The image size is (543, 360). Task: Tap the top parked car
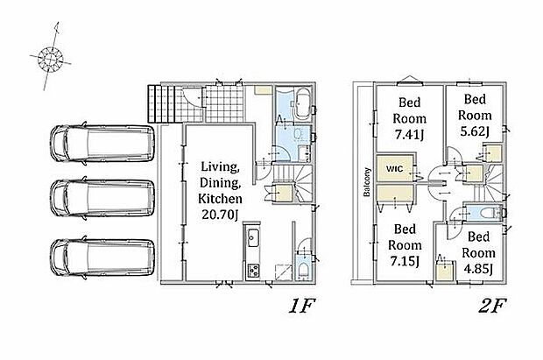(x=102, y=143)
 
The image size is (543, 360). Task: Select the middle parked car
(x=102, y=198)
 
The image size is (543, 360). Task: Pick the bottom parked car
(x=102, y=258)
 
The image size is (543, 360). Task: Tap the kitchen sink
(x=252, y=238)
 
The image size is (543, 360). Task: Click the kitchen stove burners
(x=253, y=271)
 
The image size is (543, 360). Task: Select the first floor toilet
(x=303, y=271)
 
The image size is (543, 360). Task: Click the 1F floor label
(x=301, y=306)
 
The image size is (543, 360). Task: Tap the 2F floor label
(x=492, y=306)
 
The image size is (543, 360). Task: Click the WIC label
(x=394, y=169)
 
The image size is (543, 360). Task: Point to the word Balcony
(x=367, y=182)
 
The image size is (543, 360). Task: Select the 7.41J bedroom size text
(x=409, y=134)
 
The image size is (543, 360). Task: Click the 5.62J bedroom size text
(x=475, y=131)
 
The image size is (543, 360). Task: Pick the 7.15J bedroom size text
(x=405, y=261)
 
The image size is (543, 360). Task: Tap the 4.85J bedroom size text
(x=478, y=269)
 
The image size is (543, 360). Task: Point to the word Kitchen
(x=220, y=199)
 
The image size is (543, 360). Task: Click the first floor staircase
(x=293, y=183)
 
